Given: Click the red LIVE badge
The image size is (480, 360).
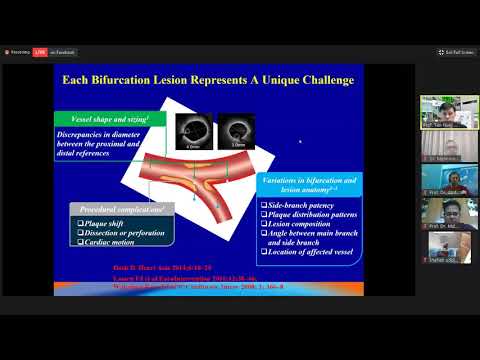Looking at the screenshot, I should [x=40, y=51].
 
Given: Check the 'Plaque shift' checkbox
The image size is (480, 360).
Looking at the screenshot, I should [x=79, y=223].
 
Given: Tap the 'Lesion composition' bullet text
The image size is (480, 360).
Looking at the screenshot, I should [x=296, y=223].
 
